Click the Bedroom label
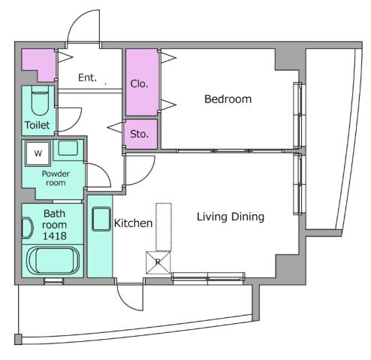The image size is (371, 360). click(x=228, y=99)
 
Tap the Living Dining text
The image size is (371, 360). click(x=231, y=217)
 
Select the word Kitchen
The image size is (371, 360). click(x=133, y=223)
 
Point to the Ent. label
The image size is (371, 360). click(x=87, y=77)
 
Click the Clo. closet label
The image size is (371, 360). click(x=140, y=84)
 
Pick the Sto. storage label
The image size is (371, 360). click(x=140, y=134)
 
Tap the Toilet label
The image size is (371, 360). click(x=38, y=125)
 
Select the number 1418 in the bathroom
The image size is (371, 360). click(x=53, y=235)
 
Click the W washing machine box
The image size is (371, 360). click(x=36, y=153)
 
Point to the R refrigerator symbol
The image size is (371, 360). click(x=158, y=262)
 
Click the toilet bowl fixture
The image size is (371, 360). click(x=42, y=99)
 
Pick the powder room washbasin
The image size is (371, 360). click(x=68, y=147)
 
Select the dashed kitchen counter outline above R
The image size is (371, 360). click(x=164, y=225)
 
